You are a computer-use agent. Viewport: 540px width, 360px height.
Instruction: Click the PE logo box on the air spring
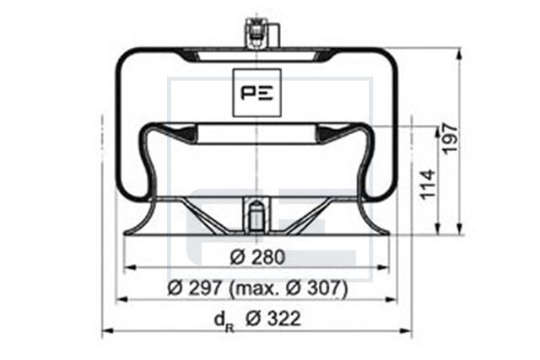point(256,93)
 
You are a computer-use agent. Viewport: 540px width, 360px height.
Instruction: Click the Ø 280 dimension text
point(257,257)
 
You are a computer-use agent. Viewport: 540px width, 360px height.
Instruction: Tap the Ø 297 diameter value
point(194,287)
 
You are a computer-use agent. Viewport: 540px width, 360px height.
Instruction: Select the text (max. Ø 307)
point(288,288)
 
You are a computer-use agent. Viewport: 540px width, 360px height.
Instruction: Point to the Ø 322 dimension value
point(273,319)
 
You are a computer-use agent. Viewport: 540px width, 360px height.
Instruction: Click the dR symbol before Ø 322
point(224,321)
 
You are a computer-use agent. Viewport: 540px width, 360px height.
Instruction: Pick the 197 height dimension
point(450,138)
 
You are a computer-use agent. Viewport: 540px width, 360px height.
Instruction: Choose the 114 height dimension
point(428,184)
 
